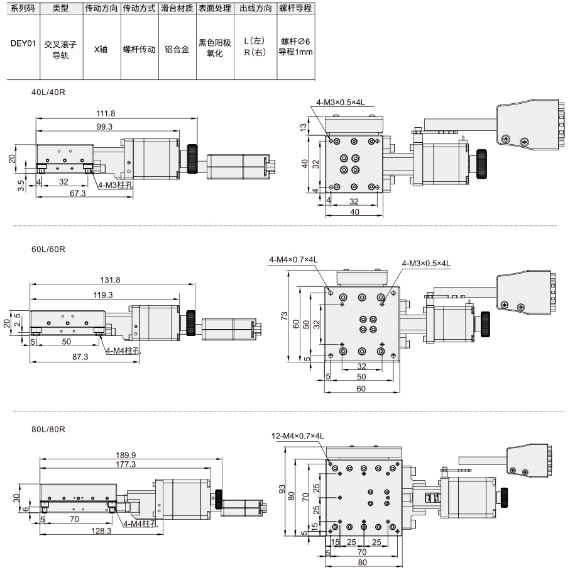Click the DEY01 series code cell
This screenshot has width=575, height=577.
pyautogui.click(x=23, y=43)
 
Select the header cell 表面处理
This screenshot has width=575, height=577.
pyautogui.click(x=215, y=8)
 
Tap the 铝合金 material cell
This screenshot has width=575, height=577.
pyautogui.click(x=177, y=49)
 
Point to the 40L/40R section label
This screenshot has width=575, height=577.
pyautogui.click(x=48, y=92)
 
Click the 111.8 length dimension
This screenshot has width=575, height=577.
pyautogui.click(x=106, y=114)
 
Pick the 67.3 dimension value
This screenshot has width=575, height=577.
pyautogui.click(x=78, y=193)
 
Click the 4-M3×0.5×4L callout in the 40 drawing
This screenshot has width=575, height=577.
pyautogui.click(x=341, y=103)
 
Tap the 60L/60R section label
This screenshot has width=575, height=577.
pyautogui.click(x=48, y=250)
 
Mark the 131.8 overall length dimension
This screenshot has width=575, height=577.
pyautogui.click(x=110, y=280)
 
